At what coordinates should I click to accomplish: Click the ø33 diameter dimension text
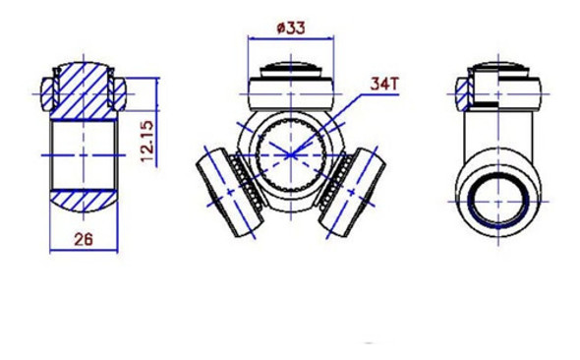coord(290,28)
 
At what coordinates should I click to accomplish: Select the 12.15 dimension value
coord(148,142)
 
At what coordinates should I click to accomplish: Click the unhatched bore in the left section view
coord(83,154)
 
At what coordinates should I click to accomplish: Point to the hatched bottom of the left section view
coord(83,202)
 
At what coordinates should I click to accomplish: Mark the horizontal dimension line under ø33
coord(290,38)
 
